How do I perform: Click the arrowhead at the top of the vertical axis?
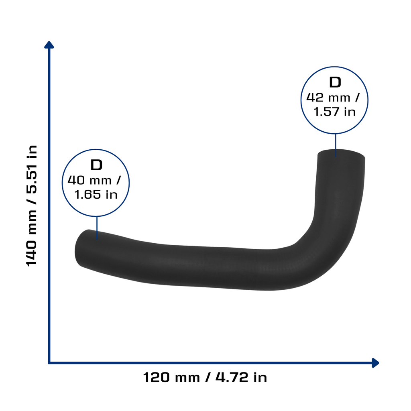(x=49, y=45)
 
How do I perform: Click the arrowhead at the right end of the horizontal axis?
(x=375, y=363)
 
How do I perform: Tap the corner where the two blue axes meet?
(x=49, y=363)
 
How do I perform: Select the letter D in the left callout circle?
(x=96, y=165)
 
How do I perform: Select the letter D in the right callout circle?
(x=335, y=82)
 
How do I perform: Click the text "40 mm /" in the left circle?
(x=94, y=180)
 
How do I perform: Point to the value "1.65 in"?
(x=96, y=195)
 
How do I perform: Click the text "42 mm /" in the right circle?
(x=333, y=98)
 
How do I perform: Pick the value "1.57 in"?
(x=335, y=112)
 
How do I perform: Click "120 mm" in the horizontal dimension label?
(x=171, y=378)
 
